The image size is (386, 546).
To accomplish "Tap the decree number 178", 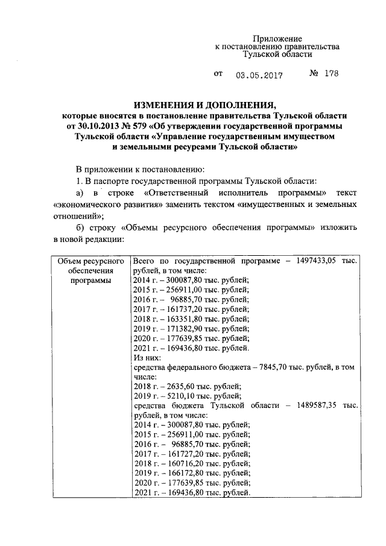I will tap(331, 74).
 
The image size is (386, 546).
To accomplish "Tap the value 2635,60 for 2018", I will tap(178, 386).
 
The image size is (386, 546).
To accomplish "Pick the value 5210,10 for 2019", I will tap(178, 396).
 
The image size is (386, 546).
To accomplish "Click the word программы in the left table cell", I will tap(90, 280).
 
